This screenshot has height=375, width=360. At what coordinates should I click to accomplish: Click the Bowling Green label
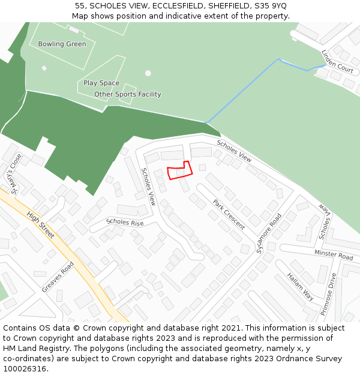point(62,44)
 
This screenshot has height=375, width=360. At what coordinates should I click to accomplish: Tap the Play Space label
point(101,83)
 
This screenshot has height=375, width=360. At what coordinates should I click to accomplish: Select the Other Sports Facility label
point(128,94)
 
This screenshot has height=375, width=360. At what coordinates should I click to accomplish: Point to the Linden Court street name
point(337,61)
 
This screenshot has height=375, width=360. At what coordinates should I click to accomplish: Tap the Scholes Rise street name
point(125,222)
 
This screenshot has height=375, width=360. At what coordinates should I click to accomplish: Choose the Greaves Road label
point(58,277)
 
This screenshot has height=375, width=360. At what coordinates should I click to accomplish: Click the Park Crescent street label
point(229,214)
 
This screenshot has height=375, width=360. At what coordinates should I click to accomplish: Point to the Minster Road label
point(334,255)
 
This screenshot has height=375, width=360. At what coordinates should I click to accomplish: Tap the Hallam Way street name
point(300,286)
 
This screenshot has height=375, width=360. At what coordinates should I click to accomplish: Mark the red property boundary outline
point(179,170)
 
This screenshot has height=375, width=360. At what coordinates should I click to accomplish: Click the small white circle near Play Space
point(148,73)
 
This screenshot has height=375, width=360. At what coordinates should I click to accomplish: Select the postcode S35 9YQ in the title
point(271,6)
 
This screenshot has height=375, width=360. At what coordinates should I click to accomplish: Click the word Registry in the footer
point(56,349)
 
